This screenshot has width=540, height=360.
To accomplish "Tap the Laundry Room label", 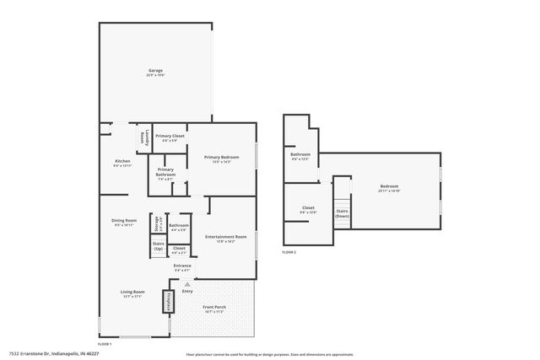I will [x=145, y=137].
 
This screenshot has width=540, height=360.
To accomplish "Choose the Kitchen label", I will [x=123, y=162].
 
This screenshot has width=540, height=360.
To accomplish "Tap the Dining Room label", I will [x=123, y=223].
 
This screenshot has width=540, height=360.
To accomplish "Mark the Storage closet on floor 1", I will [x=157, y=224].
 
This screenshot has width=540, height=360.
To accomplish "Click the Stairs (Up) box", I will [x=158, y=245].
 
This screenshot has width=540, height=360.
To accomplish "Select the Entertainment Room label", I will [x=225, y=239].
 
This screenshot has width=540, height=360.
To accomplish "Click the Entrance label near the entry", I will [x=182, y=267].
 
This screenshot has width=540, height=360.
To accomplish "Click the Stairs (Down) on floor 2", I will [x=342, y=213].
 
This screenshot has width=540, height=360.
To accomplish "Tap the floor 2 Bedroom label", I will [x=389, y=188].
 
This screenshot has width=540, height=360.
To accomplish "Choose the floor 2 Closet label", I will [x=308, y=210].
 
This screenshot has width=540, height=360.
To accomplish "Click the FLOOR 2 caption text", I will [x=289, y=253].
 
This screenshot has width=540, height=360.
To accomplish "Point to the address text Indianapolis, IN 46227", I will [x=77, y=352].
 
